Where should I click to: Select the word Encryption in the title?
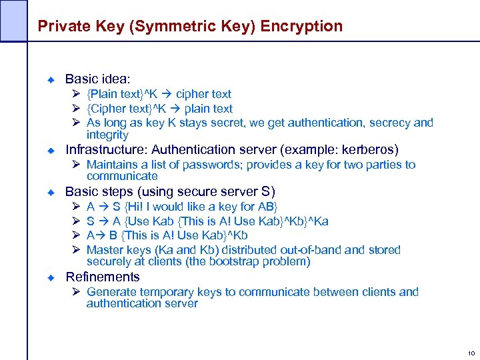302,27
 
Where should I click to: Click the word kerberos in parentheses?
367,149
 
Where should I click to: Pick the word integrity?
107,135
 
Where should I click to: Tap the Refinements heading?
103,277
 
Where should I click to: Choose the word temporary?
171,292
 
